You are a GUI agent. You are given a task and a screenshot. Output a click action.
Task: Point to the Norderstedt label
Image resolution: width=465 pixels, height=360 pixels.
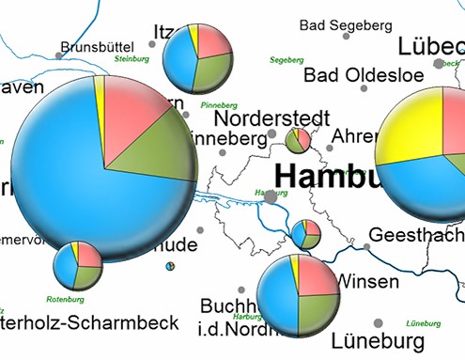click(x=271, y=119)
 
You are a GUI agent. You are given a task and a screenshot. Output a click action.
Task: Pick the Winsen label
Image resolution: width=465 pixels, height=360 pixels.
click(x=367, y=281)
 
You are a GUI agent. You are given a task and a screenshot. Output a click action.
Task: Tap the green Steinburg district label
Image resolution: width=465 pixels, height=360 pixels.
click(x=132, y=59)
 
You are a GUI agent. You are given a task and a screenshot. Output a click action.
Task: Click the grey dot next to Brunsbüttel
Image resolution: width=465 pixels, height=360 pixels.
click(x=59, y=56)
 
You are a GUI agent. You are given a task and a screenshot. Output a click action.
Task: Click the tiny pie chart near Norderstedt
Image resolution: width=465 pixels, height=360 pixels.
click(x=299, y=140)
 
